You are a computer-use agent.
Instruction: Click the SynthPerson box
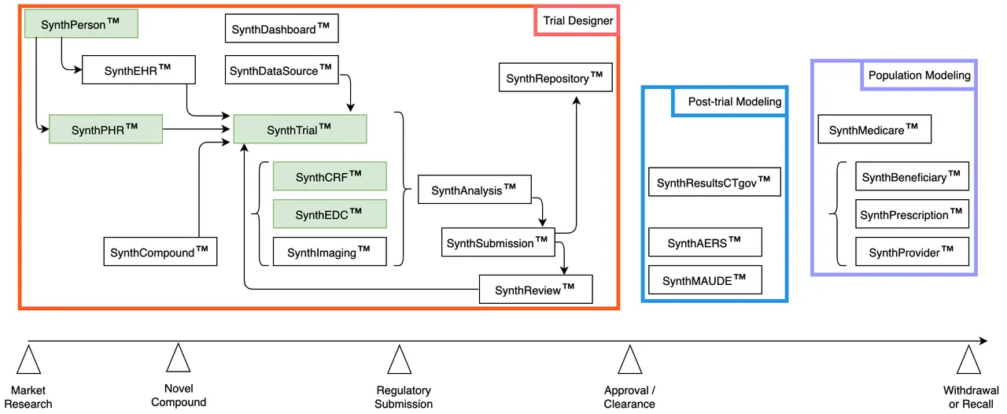click(81, 24)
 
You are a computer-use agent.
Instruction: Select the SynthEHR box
click(138, 70)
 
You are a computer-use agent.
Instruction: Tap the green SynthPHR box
click(105, 129)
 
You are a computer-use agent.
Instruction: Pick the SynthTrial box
click(300, 129)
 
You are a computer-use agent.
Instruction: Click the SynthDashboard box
click(281, 29)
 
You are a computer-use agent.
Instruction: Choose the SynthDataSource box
click(281, 70)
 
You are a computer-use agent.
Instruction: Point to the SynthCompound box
click(160, 251)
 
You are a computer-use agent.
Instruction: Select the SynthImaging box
click(330, 251)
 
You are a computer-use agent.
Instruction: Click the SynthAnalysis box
click(474, 190)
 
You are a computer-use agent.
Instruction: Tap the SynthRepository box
click(555, 77)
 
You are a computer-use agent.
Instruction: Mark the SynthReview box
click(536, 290)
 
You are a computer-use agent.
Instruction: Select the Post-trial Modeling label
click(729, 102)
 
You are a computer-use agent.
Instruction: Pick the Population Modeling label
click(919, 76)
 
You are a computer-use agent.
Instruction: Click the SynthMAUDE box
click(705, 280)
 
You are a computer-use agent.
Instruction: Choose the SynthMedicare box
click(875, 129)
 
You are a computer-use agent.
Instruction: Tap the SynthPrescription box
click(912, 214)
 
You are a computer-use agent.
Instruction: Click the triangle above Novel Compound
click(179, 358)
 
